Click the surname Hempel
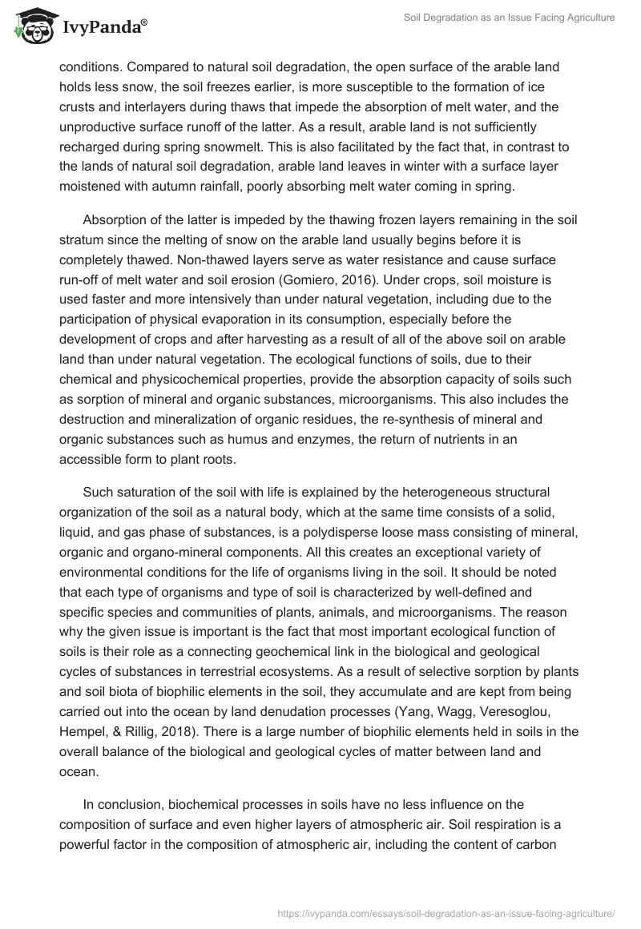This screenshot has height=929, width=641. click(83, 730)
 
